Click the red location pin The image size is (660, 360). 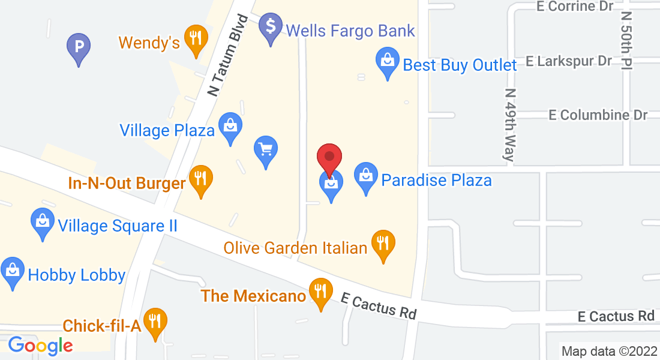click(x=329, y=158)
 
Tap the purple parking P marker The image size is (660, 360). click(x=79, y=46)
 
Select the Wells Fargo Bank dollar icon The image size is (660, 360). click(x=271, y=26)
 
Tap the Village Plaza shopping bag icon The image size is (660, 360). click(x=230, y=126)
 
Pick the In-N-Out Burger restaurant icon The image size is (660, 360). click(x=200, y=178)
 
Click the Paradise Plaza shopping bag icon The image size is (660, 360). click(x=365, y=176)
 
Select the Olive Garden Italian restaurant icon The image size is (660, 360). click(x=383, y=243)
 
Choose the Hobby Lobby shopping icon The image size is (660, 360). click(x=13, y=271)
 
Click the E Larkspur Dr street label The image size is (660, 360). click(x=568, y=61)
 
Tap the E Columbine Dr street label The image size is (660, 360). click(x=598, y=115)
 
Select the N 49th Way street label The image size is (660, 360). click(x=510, y=126)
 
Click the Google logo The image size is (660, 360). click(x=40, y=345)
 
